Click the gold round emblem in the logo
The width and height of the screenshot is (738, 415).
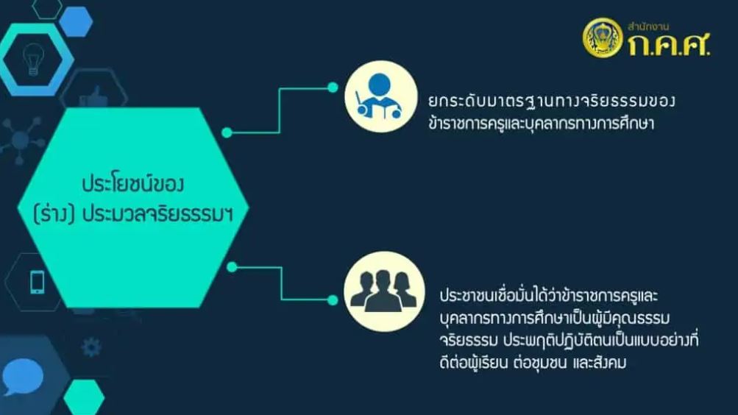coord(603,38)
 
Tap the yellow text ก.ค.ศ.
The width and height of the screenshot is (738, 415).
coord(669,45)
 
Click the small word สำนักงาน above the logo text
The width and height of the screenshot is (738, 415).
coord(648,26)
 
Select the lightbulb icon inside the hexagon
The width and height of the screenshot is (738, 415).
coord(33,59)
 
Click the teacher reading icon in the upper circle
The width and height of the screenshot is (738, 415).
coord(380,96)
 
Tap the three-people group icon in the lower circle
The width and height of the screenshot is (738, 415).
coord(383,291)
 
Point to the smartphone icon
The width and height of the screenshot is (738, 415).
coord(38,283)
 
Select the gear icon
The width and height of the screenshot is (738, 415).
coord(91,347)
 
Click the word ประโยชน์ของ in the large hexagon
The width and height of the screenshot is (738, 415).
coord(132,183)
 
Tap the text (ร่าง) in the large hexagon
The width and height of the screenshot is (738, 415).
coord(54,214)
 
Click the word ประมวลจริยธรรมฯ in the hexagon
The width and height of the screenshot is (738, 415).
coord(157,214)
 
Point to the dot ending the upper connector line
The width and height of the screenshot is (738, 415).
coord(333,87)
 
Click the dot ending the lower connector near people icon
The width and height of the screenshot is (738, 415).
coord(333,299)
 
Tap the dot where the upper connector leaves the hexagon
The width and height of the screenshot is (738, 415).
coord(227,132)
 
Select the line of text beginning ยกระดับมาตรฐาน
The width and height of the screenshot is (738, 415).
coord(552,101)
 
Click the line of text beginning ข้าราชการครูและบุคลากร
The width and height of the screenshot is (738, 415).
coord(542,124)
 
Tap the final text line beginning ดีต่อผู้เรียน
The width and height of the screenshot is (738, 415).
coord(533,363)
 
